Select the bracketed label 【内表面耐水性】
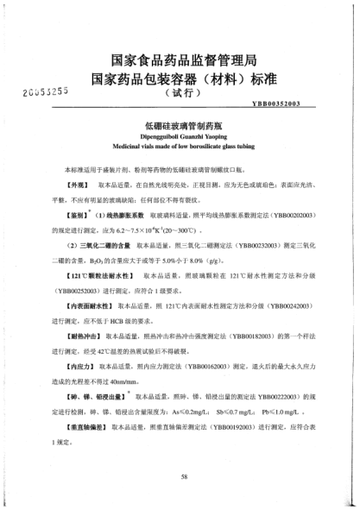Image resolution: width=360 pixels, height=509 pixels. click(x=85, y=306)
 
